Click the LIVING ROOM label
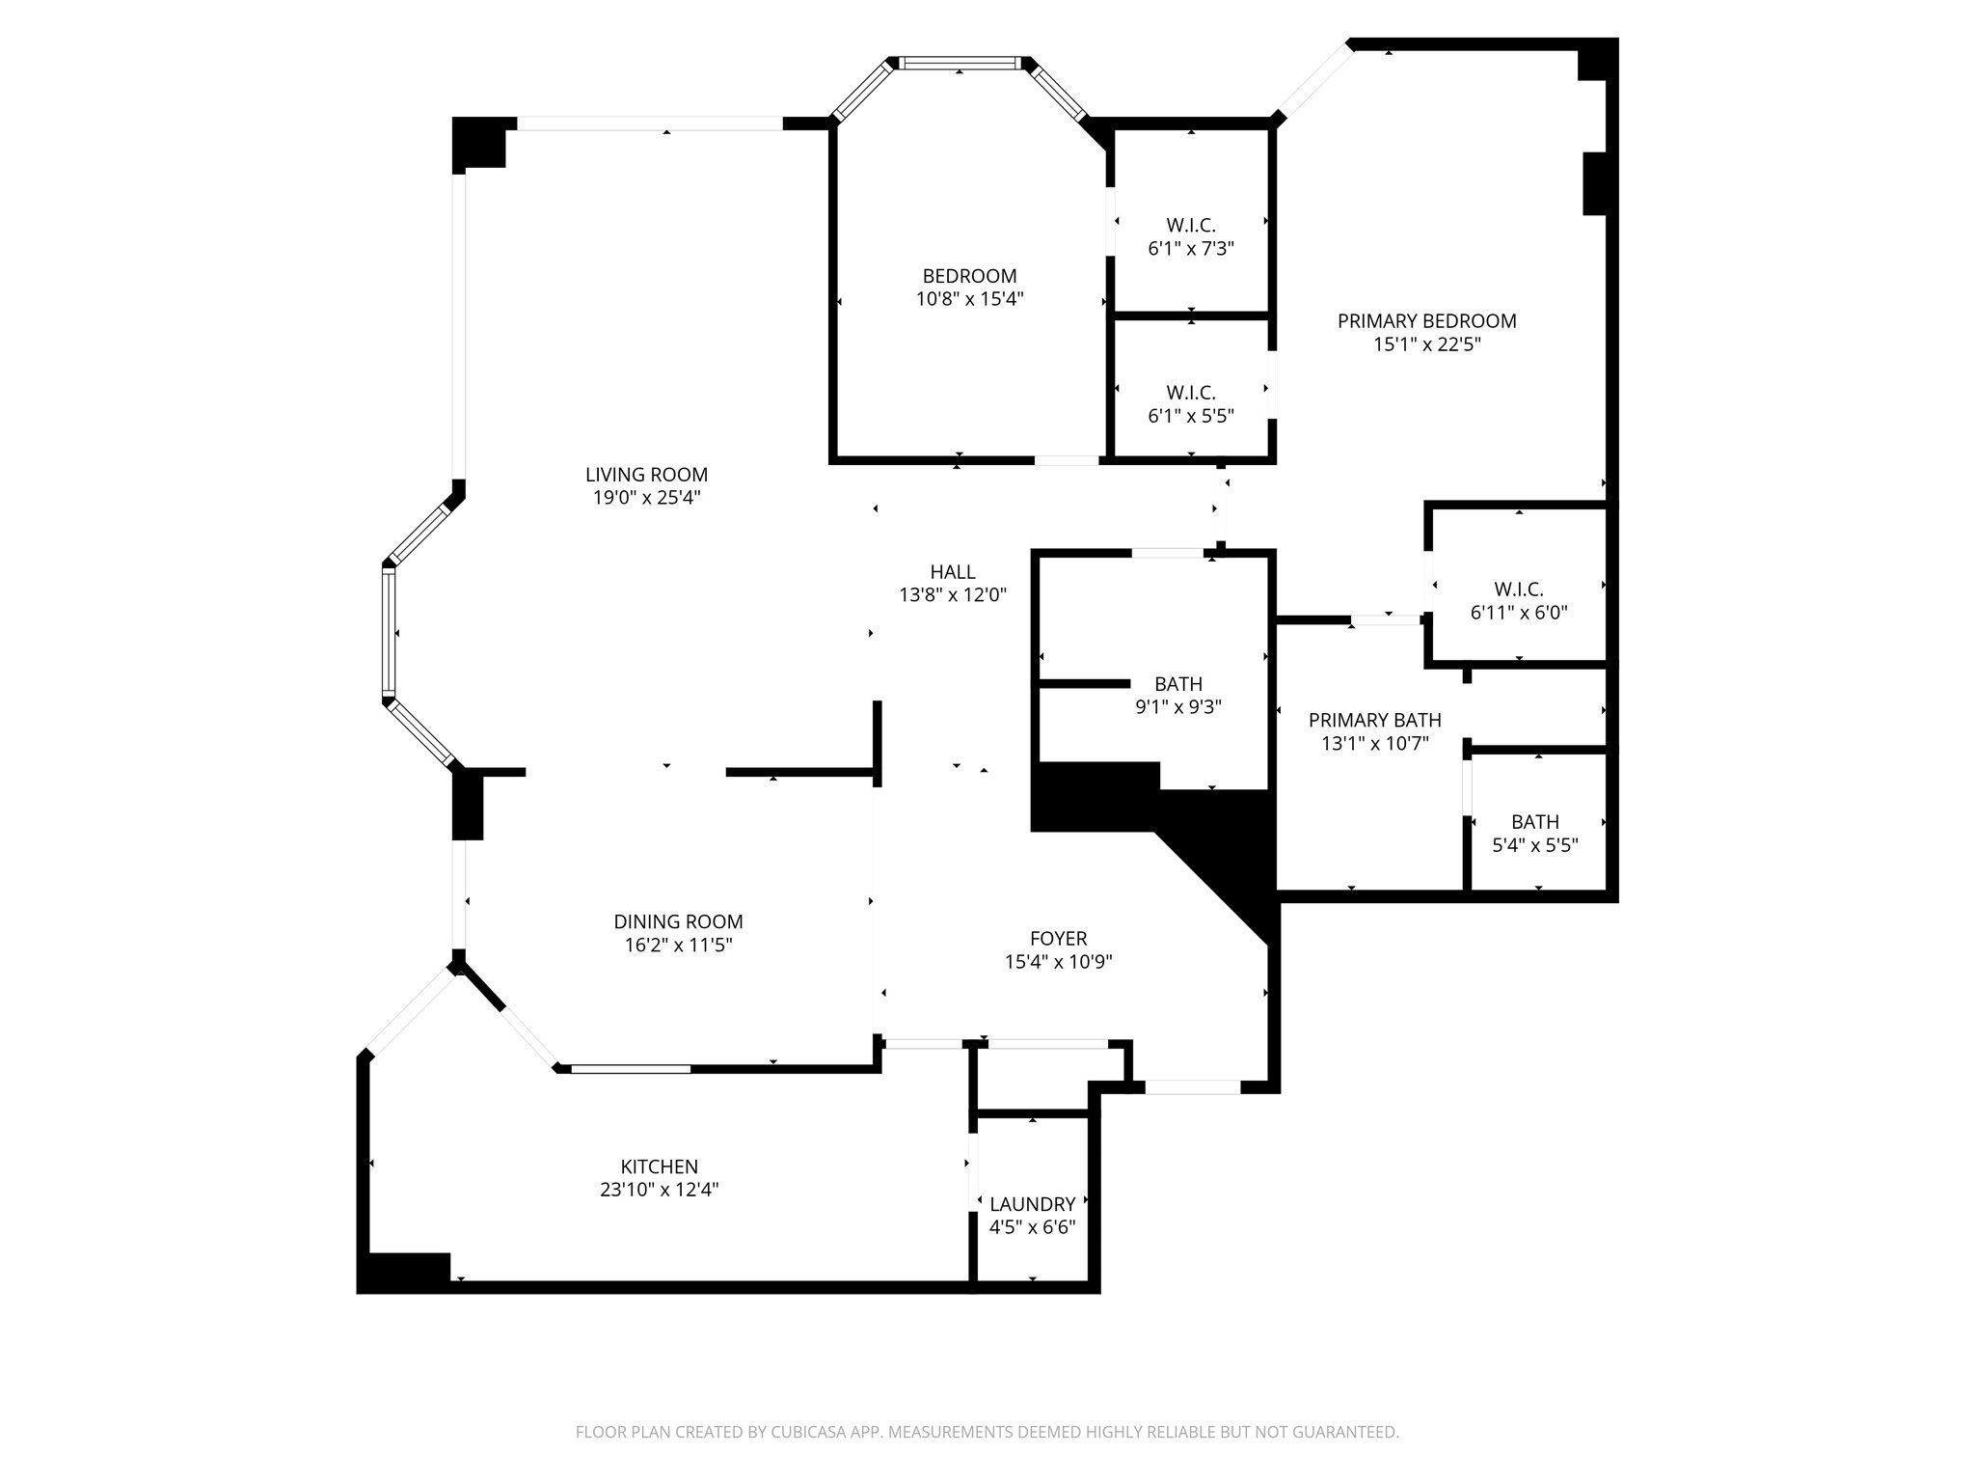coord(646,475)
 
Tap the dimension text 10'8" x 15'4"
coord(969,299)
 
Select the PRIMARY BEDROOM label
coord(1426,321)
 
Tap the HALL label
coord(953,572)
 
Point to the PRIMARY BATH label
coord(1374,720)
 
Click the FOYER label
coord(1058,938)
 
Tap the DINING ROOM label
coord(678,921)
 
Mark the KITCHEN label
coord(659,1166)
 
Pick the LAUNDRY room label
coord(1032,1204)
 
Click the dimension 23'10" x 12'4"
coord(659,1190)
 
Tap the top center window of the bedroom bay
coord(960,64)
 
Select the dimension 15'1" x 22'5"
coord(1426,344)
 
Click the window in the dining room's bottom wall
coord(631,1068)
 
